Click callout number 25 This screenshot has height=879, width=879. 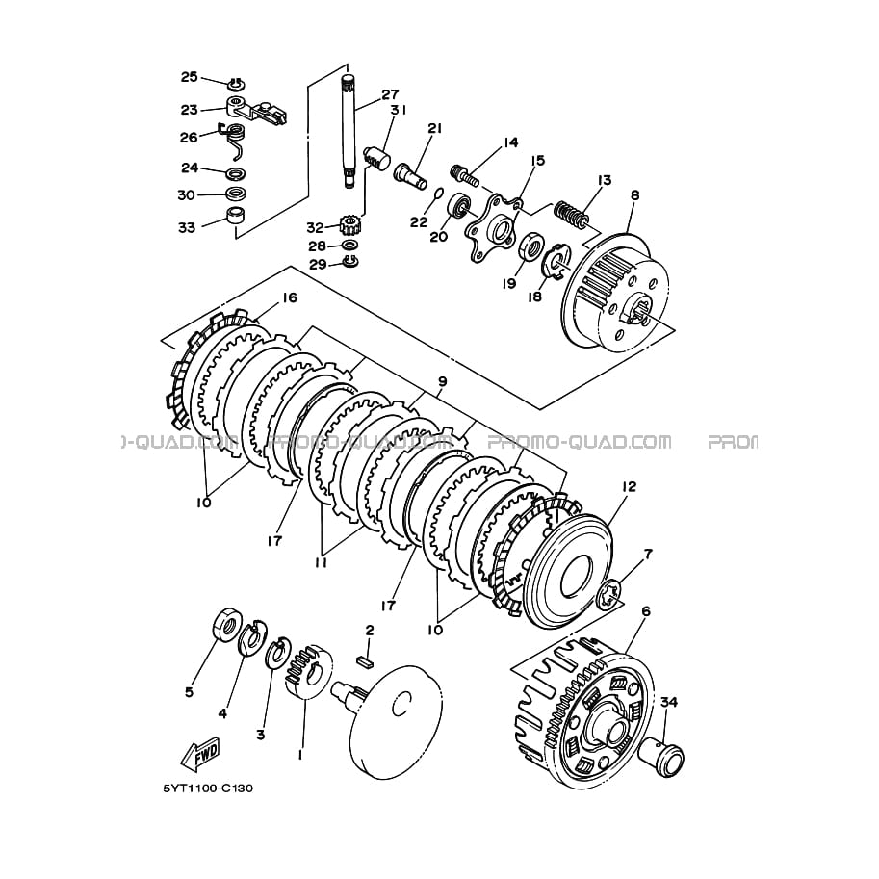tap(189, 77)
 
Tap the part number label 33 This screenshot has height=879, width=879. tap(187, 228)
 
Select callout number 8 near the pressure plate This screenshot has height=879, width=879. tap(634, 194)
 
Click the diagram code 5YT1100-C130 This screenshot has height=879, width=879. tap(207, 789)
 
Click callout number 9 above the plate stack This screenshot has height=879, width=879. tap(442, 382)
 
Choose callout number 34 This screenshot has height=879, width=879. tap(669, 702)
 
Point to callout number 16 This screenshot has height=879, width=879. tap(290, 298)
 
